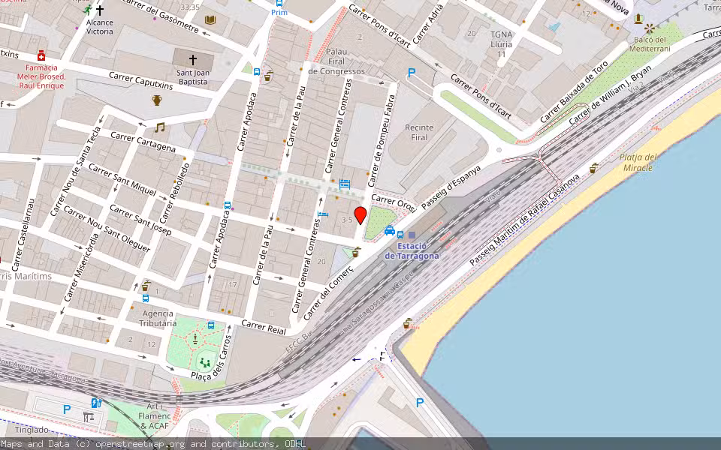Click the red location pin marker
tap(360, 215)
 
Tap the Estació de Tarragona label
tap(412, 251)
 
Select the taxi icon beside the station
tap(390, 231)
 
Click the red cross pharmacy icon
tap(41, 56)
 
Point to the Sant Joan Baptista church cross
tap(192, 58)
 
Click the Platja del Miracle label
tap(638, 162)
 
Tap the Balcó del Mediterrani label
tap(650, 43)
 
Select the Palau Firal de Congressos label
tap(336, 61)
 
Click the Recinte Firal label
tap(420, 133)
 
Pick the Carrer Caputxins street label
tap(140, 81)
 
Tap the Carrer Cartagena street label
tap(143, 142)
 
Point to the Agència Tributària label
tap(158, 319)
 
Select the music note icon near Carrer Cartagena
tap(159, 127)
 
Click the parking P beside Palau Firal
tap(411, 73)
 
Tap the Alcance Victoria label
tap(100, 27)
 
